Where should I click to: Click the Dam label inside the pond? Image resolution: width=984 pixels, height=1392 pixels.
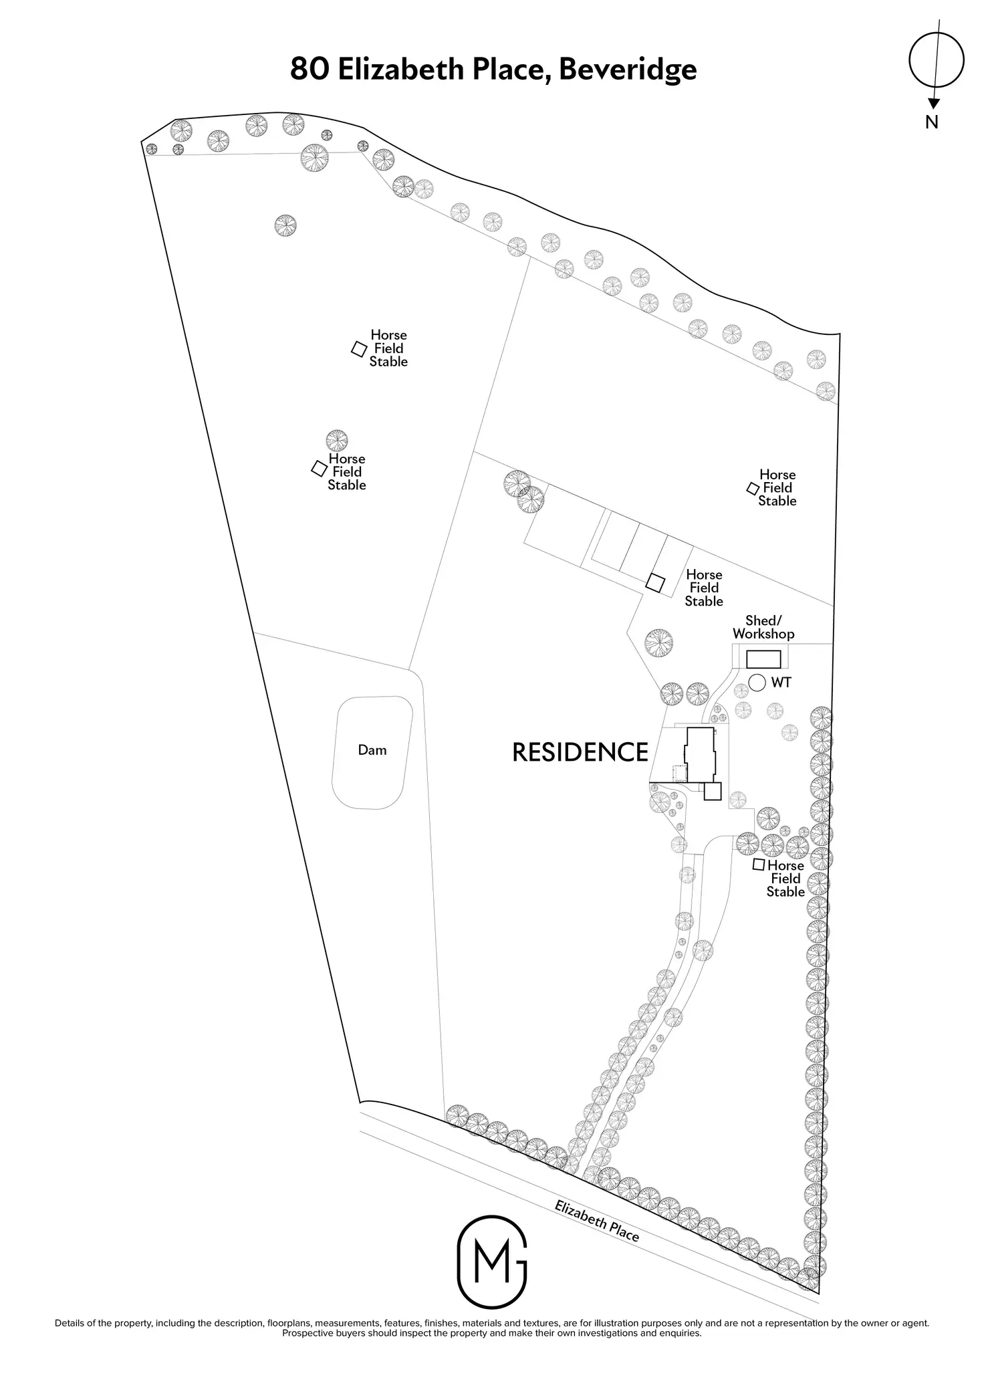(x=372, y=750)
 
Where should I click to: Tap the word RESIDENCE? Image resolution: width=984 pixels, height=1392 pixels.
(x=580, y=752)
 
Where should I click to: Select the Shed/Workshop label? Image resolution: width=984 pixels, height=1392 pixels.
(x=763, y=627)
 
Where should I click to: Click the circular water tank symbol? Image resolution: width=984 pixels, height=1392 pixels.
(x=757, y=683)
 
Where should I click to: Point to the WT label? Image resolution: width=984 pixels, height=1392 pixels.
(x=781, y=683)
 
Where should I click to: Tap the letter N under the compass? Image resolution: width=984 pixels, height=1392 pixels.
(x=932, y=122)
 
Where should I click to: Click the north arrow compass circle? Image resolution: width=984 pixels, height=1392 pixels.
(x=937, y=60)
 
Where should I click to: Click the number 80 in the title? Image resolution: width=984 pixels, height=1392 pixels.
(x=310, y=69)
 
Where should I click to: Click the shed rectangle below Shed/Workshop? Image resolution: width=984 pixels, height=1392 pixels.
(x=763, y=659)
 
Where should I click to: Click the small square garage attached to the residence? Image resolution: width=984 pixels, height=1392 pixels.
(x=713, y=792)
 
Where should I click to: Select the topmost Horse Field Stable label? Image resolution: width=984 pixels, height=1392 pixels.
(x=388, y=348)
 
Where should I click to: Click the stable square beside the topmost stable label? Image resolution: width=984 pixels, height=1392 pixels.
(x=359, y=348)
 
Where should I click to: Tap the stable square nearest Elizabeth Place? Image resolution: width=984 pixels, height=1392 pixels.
(x=759, y=864)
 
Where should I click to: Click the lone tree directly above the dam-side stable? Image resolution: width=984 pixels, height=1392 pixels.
(x=337, y=441)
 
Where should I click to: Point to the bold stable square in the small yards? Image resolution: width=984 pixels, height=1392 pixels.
(x=655, y=583)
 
